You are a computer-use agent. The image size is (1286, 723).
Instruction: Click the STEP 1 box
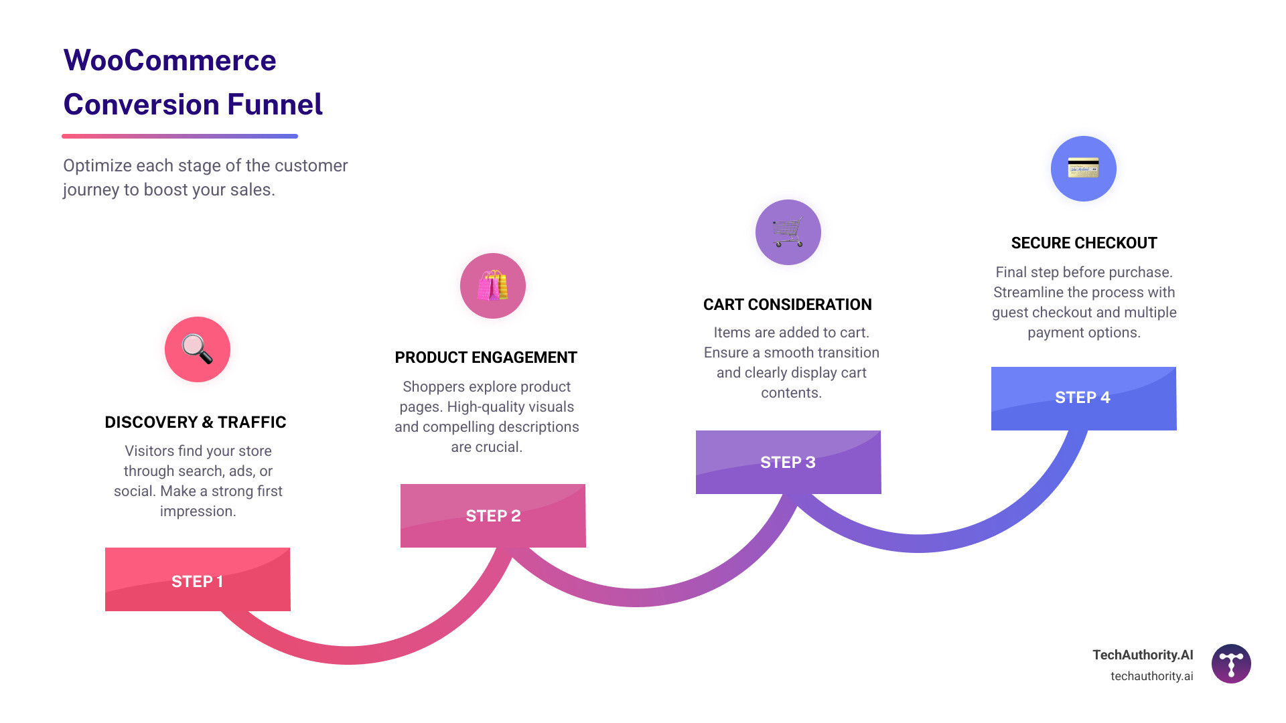198,580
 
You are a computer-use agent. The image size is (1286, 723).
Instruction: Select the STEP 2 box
493,515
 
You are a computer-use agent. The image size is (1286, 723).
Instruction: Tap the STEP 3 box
788,462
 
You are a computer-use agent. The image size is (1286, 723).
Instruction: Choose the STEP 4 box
1084,398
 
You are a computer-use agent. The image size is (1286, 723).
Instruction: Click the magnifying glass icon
198,349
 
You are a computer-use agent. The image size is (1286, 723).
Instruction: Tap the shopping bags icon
493,286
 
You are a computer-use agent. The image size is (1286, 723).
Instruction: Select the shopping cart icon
788,232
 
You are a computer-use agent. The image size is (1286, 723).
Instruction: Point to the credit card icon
1083,168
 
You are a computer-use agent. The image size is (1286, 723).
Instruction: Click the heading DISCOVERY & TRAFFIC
196,422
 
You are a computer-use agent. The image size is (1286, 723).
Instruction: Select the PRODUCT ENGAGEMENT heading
486,357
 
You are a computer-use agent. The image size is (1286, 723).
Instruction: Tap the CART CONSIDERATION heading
787,305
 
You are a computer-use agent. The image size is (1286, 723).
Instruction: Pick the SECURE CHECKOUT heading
1084,243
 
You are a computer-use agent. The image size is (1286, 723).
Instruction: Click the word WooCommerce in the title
169,60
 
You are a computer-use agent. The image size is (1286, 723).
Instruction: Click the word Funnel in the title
275,104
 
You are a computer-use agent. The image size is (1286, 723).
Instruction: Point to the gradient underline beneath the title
180,136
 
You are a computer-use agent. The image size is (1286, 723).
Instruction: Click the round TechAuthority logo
1231,663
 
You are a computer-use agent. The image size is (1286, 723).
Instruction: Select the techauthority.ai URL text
1151,676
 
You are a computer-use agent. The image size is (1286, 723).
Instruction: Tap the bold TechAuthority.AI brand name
1143,655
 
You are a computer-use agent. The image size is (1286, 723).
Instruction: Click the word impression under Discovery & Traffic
198,511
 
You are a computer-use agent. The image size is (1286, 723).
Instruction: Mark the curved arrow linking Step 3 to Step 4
919,543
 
